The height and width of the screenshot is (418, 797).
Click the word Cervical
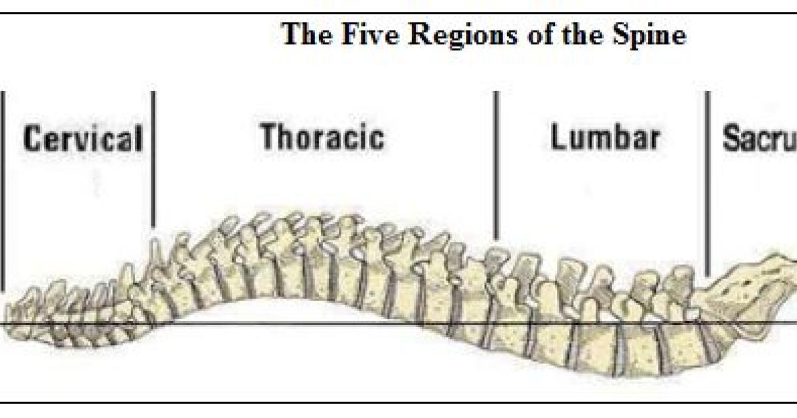pos(83,139)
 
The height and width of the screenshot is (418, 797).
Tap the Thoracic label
pos(322,137)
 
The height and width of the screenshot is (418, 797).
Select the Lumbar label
pos(605,137)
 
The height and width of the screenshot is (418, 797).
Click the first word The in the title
pos(304,35)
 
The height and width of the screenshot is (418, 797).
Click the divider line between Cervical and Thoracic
pos(153,159)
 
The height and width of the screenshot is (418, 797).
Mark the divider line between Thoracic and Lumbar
pos(495,166)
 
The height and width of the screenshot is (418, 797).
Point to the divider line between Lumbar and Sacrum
pos(707,182)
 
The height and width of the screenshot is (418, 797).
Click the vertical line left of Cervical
pos(3,192)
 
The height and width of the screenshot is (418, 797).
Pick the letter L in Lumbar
pos(557,137)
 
